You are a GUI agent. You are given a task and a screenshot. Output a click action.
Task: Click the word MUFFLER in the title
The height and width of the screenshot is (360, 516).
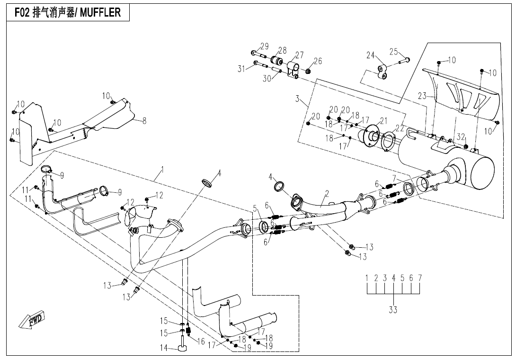tap(100, 12)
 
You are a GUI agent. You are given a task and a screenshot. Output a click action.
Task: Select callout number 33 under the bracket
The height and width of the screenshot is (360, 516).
tap(393, 310)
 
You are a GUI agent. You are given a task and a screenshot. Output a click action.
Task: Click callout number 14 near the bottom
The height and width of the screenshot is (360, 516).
tap(164, 348)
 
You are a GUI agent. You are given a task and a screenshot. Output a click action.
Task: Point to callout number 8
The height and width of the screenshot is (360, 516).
tap(144, 121)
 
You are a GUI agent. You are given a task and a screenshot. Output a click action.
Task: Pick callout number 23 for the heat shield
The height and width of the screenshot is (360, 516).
tap(422, 96)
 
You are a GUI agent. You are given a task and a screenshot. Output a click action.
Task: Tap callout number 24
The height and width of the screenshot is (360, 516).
tap(371, 55)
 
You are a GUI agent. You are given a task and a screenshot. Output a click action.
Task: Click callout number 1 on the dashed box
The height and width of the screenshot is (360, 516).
tap(162, 170)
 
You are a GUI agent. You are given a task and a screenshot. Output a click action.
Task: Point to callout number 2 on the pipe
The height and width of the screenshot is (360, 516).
tap(327, 194)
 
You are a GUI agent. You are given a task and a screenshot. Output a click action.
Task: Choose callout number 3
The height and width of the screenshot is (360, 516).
tap(297, 99)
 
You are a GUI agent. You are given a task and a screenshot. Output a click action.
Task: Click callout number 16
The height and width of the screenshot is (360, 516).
tap(201, 342)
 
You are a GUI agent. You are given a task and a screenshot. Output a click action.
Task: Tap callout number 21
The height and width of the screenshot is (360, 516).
tap(383, 121)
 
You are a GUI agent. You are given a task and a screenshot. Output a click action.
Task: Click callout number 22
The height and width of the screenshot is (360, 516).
tap(399, 128)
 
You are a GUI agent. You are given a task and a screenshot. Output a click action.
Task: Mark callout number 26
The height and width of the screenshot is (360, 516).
tap(318, 61)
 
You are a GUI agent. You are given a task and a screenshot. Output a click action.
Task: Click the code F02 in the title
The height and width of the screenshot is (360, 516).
tap(22, 12)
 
